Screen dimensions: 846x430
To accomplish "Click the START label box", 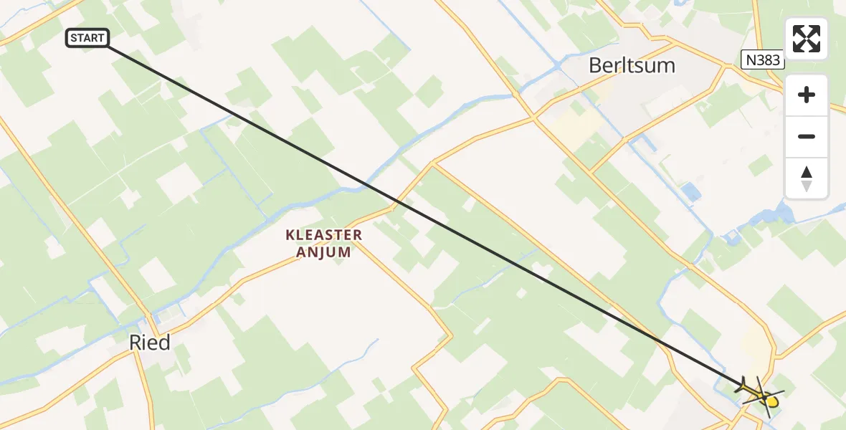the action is coord(87,38).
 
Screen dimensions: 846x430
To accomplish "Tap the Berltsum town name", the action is coord(632,66).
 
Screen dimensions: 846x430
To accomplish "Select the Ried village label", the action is coord(150,343).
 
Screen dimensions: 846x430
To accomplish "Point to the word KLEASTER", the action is coord(324,235).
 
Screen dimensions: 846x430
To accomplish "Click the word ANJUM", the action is coord(324,252).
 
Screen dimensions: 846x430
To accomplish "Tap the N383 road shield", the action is coord(762,60).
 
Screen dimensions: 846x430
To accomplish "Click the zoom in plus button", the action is coord(807,95).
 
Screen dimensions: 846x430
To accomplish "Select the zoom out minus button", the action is coord(807,136).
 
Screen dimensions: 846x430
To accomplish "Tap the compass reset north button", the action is coord(807,178).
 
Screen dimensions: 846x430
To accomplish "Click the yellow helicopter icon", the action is coord(761,393).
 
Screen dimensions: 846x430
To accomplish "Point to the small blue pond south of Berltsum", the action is coord(690,191).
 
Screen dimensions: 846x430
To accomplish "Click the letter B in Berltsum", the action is coord(595,66).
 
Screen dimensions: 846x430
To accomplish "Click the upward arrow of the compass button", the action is coord(807,172).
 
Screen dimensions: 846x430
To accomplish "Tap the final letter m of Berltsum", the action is coord(666,66).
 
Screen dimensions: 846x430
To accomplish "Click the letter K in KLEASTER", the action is coord(290,235).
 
